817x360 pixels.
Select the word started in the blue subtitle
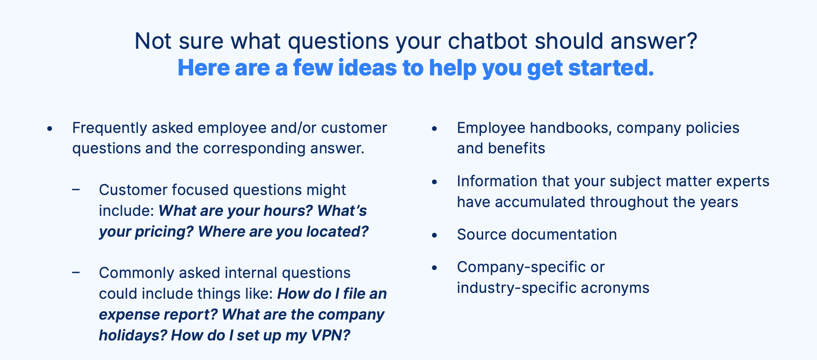coord(611,68)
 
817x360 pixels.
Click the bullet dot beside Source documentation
coord(434,235)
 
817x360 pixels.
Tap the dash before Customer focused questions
coord(76,190)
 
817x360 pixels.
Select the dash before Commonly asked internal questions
coord(76,272)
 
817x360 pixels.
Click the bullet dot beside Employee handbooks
coord(434,129)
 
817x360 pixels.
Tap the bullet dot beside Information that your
coord(434,182)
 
